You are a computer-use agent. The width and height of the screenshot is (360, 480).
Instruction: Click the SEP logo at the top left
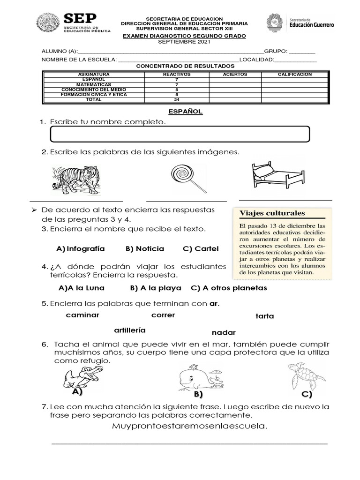pyautogui.click(x=74, y=22)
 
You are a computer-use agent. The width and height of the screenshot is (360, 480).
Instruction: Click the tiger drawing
pyautogui.click(x=75, y=180)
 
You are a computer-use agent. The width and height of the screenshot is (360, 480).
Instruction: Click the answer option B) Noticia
pyautogui.click(x=145, y=248)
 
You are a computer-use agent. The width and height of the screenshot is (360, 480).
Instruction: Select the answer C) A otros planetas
pyautogui.click(x=229, y=288)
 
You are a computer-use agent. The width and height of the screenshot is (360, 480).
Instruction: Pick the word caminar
pyautogui.click(x=82, y=315)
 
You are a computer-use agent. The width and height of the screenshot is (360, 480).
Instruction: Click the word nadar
pyautogui.click(x=224, y=332)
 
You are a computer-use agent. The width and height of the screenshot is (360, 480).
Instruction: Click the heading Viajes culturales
pyautogui.click(x=272, y=213)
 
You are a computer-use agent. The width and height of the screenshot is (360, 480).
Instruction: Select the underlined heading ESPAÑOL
pyautogui.click(x=186, y=112)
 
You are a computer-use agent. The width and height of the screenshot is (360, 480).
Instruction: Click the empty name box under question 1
pyautogui.click(x=180, y=134)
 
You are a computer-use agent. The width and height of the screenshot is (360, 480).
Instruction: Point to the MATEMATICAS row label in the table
pyautogui.click(x=94, y=84)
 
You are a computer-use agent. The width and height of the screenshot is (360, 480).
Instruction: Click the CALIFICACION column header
pyautogui.click(x=294, y=75)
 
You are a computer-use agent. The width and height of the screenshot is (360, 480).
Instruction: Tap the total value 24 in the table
pyautogui.click(x=177, y=99)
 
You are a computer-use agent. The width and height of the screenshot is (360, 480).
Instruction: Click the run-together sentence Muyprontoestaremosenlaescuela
pyautogui.click(x=190, y=426)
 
